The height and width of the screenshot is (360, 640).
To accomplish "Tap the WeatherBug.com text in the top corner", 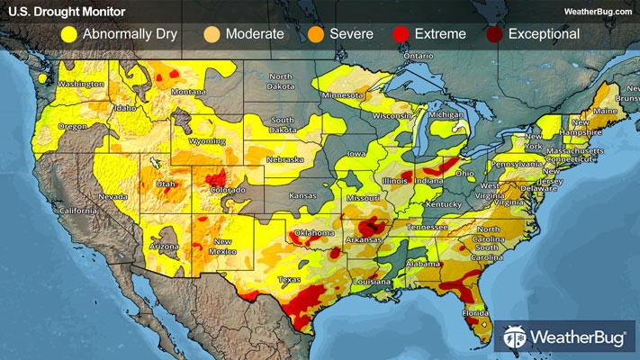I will pyautogui.click(x=595, y=11).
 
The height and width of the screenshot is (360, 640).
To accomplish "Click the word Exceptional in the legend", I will pyautogui.click(x=544, y=35).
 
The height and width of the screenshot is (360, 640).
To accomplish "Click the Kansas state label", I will pyautogui.click(x=302, y=194).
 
